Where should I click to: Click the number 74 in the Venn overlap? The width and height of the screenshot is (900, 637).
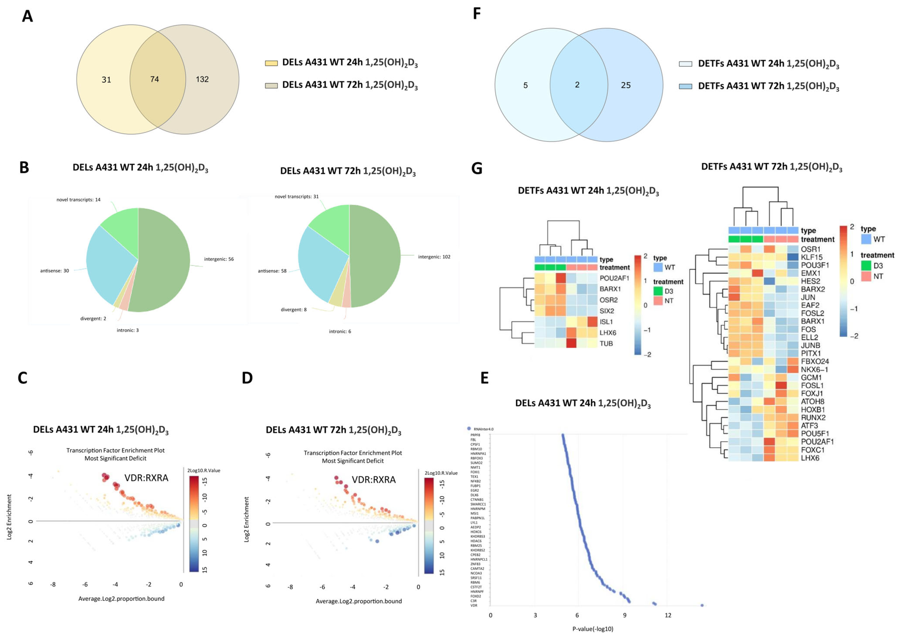[155, 79]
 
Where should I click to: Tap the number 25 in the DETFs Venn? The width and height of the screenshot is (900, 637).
[626, 85]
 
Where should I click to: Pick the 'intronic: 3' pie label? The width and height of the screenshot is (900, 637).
[127, 330]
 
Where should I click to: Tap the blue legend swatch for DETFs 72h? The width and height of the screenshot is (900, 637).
[685, 86]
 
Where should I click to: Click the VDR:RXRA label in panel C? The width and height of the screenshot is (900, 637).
[146, 478]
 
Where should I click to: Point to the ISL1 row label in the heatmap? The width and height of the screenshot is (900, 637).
[606, 322]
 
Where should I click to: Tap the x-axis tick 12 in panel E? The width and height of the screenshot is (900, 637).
[668, 615]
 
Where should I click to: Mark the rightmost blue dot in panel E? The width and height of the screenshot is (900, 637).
[702, 605]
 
